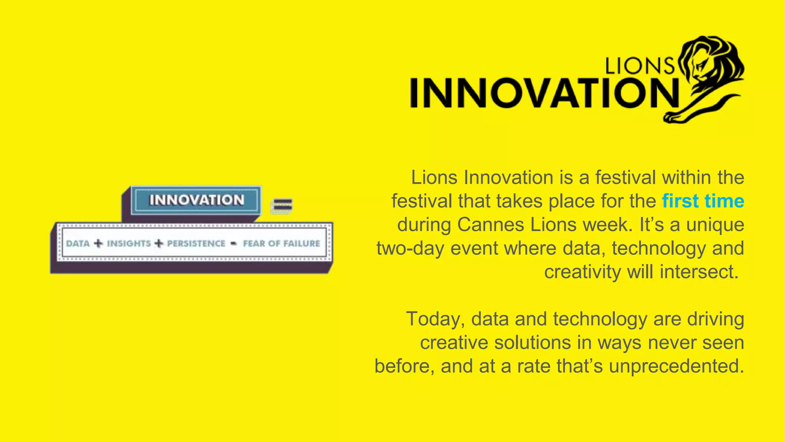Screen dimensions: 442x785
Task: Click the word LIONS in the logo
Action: click(x=639, y=66)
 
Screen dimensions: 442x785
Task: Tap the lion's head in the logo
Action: click(x=709, y=61)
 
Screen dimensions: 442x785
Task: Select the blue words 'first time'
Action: click(x=703, y=201)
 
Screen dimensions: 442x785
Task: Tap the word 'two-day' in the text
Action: click(x=410, y=248)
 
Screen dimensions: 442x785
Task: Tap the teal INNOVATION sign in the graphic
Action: click(x=196, y=200)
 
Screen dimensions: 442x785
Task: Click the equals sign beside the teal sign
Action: click(x=282, y=206)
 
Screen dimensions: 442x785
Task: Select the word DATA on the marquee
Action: click(x=78, y=244)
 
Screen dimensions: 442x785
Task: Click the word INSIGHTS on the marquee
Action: click(x=129, y=244)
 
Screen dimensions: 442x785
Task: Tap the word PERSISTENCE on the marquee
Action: click(x=196, y=244)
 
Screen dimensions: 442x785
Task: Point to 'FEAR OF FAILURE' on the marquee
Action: click(x=281, y=244)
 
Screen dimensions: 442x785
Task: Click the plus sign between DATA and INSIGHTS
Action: click(x=98, y=244)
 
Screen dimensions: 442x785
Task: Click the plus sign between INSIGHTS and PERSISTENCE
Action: click(x=159, y=244)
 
